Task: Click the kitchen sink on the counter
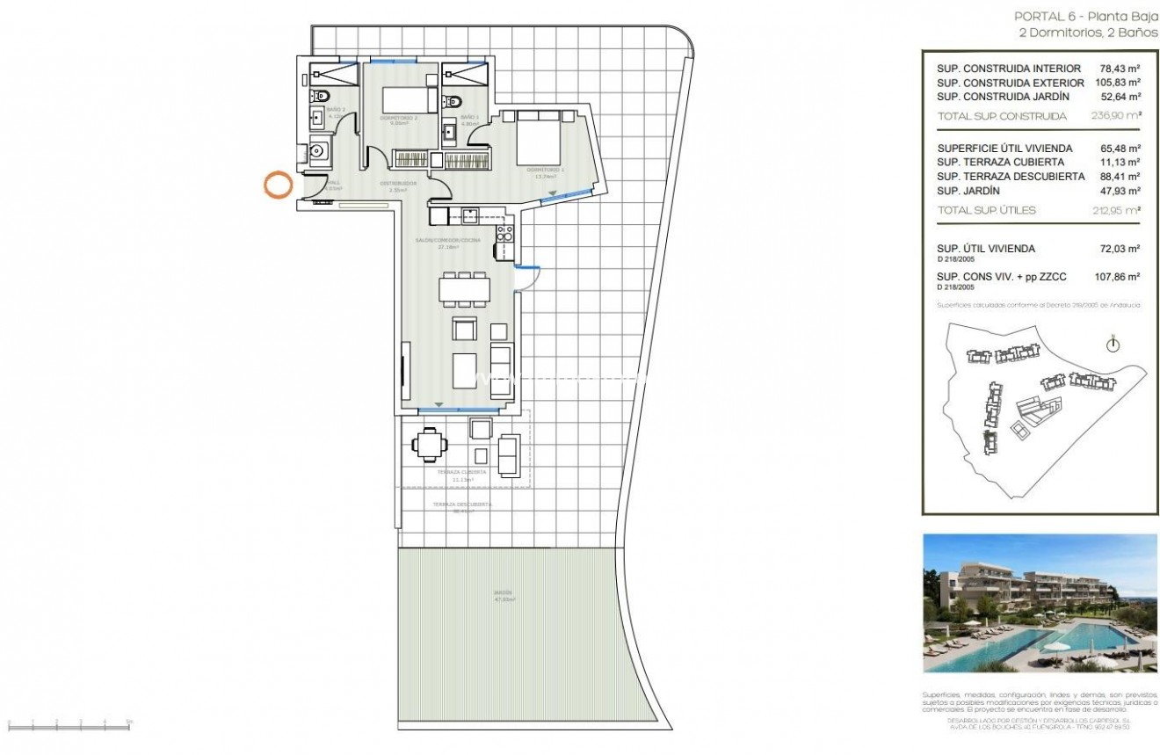pos(470,214)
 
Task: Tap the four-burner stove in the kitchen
pos(505,233)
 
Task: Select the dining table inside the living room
pos(462,289)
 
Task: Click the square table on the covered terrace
pos(429,444)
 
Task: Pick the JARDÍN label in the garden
pos(503,593)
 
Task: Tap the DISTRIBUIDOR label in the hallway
pos(397,184)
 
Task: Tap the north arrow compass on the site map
pos(1113,344)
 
